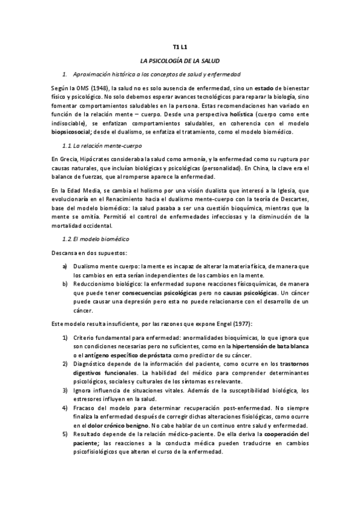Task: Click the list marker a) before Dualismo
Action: (x=65, y=266)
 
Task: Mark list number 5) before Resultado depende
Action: (x=65, y=433)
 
